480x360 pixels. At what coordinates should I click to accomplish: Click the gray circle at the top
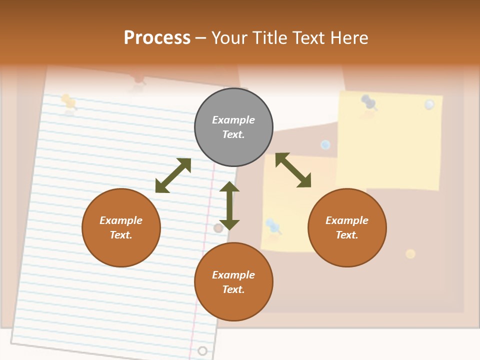pos(233,127)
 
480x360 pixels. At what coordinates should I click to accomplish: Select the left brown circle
pos(121,227)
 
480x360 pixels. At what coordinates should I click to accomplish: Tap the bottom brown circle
pos(233,282)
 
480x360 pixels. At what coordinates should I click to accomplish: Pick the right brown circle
pos(347,227)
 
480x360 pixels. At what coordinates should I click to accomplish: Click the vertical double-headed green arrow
pos(229,205)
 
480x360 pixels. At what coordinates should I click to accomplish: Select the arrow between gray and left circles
pos(173,175)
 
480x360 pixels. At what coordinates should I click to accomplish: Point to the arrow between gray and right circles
pos(293,170)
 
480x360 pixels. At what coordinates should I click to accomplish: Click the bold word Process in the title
pos(157,37)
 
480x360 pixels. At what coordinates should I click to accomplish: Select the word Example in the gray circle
pos(233,120)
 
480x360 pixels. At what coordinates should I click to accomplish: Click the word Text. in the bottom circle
pos(233,289)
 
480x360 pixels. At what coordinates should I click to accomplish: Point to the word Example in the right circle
pos(347,220)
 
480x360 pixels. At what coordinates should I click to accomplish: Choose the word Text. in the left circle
pos(121,235)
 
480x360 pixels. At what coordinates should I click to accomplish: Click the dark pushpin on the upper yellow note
pos(368,102)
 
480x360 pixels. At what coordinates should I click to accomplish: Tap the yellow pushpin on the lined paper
pos(68,101)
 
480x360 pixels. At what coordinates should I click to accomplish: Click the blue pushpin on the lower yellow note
pos(273,225)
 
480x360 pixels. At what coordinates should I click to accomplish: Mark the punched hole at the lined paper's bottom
pos(202,350)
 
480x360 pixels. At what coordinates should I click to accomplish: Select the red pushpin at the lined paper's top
pos(138,80)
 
